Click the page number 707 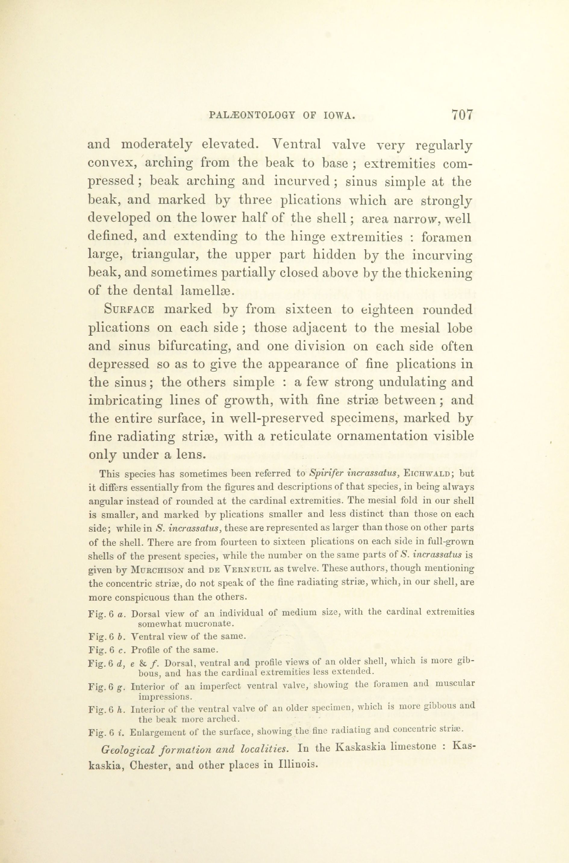pyautogui.click(x=462, y=115)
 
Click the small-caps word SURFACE pyautogui.click(x=130, y=310)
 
